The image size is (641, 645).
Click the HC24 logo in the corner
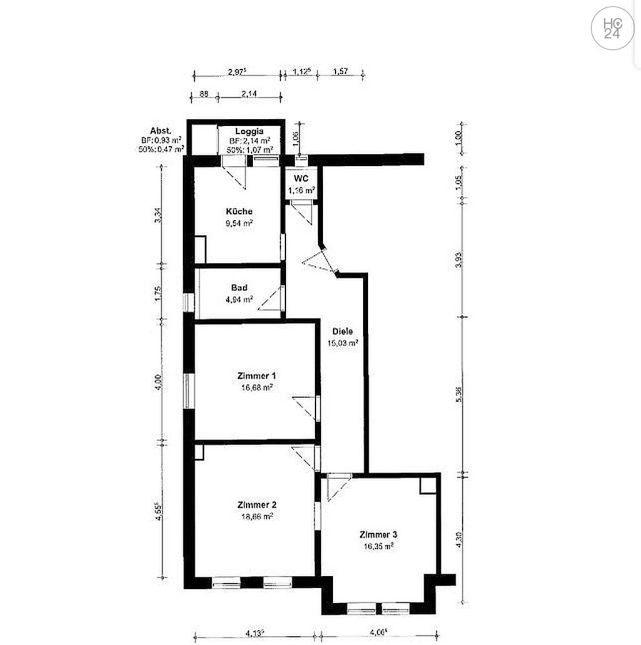612,28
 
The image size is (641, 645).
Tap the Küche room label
240,211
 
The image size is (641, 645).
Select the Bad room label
239,288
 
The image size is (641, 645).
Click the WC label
301,178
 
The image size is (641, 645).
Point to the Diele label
342,332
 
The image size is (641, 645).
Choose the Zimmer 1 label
256,375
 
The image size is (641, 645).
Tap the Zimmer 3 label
378,535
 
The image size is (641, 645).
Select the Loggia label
249,131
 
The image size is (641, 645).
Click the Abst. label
161,130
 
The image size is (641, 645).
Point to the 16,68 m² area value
257,387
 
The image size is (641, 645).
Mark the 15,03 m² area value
342,343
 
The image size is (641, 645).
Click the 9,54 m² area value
240,223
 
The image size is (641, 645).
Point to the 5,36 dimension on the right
459,394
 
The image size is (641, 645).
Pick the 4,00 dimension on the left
159,380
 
